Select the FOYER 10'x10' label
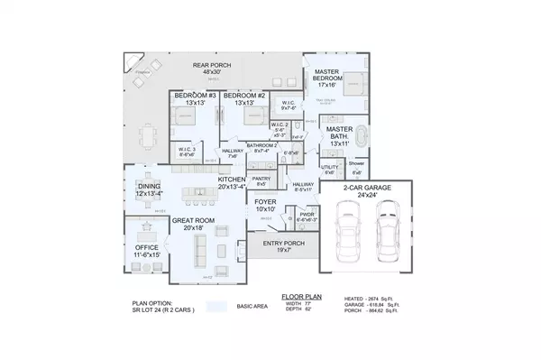tap(264, 205)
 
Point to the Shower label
tap(357, 164)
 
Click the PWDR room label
tap(307, 215)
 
